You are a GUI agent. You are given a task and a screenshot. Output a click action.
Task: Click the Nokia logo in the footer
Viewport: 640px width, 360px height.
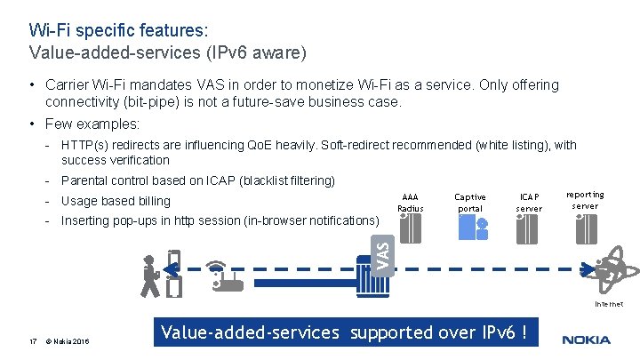pos(586,340)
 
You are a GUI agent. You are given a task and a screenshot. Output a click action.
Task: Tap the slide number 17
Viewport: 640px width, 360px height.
pos(32,340)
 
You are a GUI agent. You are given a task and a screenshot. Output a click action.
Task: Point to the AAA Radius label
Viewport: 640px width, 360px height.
pos(411,203)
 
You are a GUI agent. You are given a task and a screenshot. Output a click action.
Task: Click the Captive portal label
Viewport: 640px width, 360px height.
pos(470,203)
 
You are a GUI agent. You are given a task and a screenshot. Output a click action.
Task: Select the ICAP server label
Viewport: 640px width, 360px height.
pos(529,203)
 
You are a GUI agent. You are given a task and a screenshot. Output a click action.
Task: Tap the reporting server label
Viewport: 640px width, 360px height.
pos(585,200)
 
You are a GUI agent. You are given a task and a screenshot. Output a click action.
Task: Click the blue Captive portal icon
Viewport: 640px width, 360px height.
pos(470,228)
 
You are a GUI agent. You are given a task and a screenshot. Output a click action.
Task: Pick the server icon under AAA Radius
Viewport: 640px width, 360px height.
pos(411,228)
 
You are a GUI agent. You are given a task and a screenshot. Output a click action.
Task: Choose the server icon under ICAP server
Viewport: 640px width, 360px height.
pos(529,228)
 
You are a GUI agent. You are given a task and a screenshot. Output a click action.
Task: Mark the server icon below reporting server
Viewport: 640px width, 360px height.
pos(585,228)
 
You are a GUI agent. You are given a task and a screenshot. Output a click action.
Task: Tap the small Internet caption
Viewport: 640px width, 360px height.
pos(609,304)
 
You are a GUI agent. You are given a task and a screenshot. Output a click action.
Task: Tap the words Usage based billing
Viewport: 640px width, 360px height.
pos(116,201)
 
